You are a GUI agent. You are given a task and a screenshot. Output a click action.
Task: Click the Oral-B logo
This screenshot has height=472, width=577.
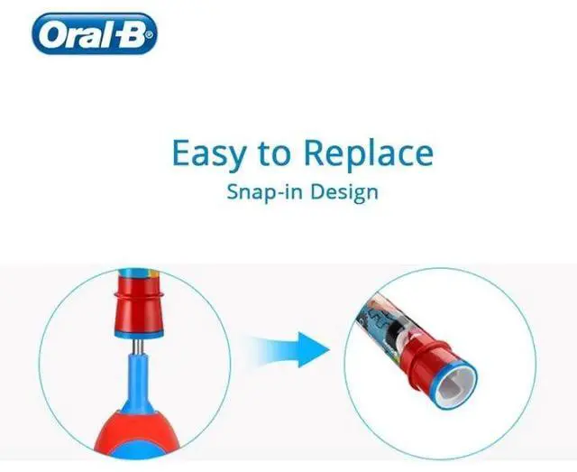(x=95, y=33)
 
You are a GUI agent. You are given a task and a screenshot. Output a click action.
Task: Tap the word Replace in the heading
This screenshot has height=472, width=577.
(x=369, y=153)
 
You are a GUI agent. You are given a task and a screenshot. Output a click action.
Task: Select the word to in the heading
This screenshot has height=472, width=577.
(x=274, y=154)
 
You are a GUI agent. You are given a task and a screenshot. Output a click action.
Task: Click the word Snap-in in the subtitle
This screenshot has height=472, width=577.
(x=266, y=192)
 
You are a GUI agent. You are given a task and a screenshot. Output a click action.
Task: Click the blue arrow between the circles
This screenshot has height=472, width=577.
(x=290, y=349)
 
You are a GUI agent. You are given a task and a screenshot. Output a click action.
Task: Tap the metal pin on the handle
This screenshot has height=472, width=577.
(x=138, y=347)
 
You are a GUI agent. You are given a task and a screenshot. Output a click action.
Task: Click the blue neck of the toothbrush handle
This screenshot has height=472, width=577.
(x=138, y=380)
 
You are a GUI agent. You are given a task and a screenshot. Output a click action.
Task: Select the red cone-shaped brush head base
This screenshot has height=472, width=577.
(x=138, y=316)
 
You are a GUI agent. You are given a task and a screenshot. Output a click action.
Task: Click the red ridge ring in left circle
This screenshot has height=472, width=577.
(x=138, y=294)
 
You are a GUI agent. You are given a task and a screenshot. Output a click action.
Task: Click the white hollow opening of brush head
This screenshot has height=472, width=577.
(x=457, y=384)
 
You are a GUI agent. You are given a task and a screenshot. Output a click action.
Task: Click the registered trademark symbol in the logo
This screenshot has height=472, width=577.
(x=149, y=35)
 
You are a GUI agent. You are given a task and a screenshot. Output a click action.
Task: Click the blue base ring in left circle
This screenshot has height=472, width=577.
(x=139, y=335)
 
